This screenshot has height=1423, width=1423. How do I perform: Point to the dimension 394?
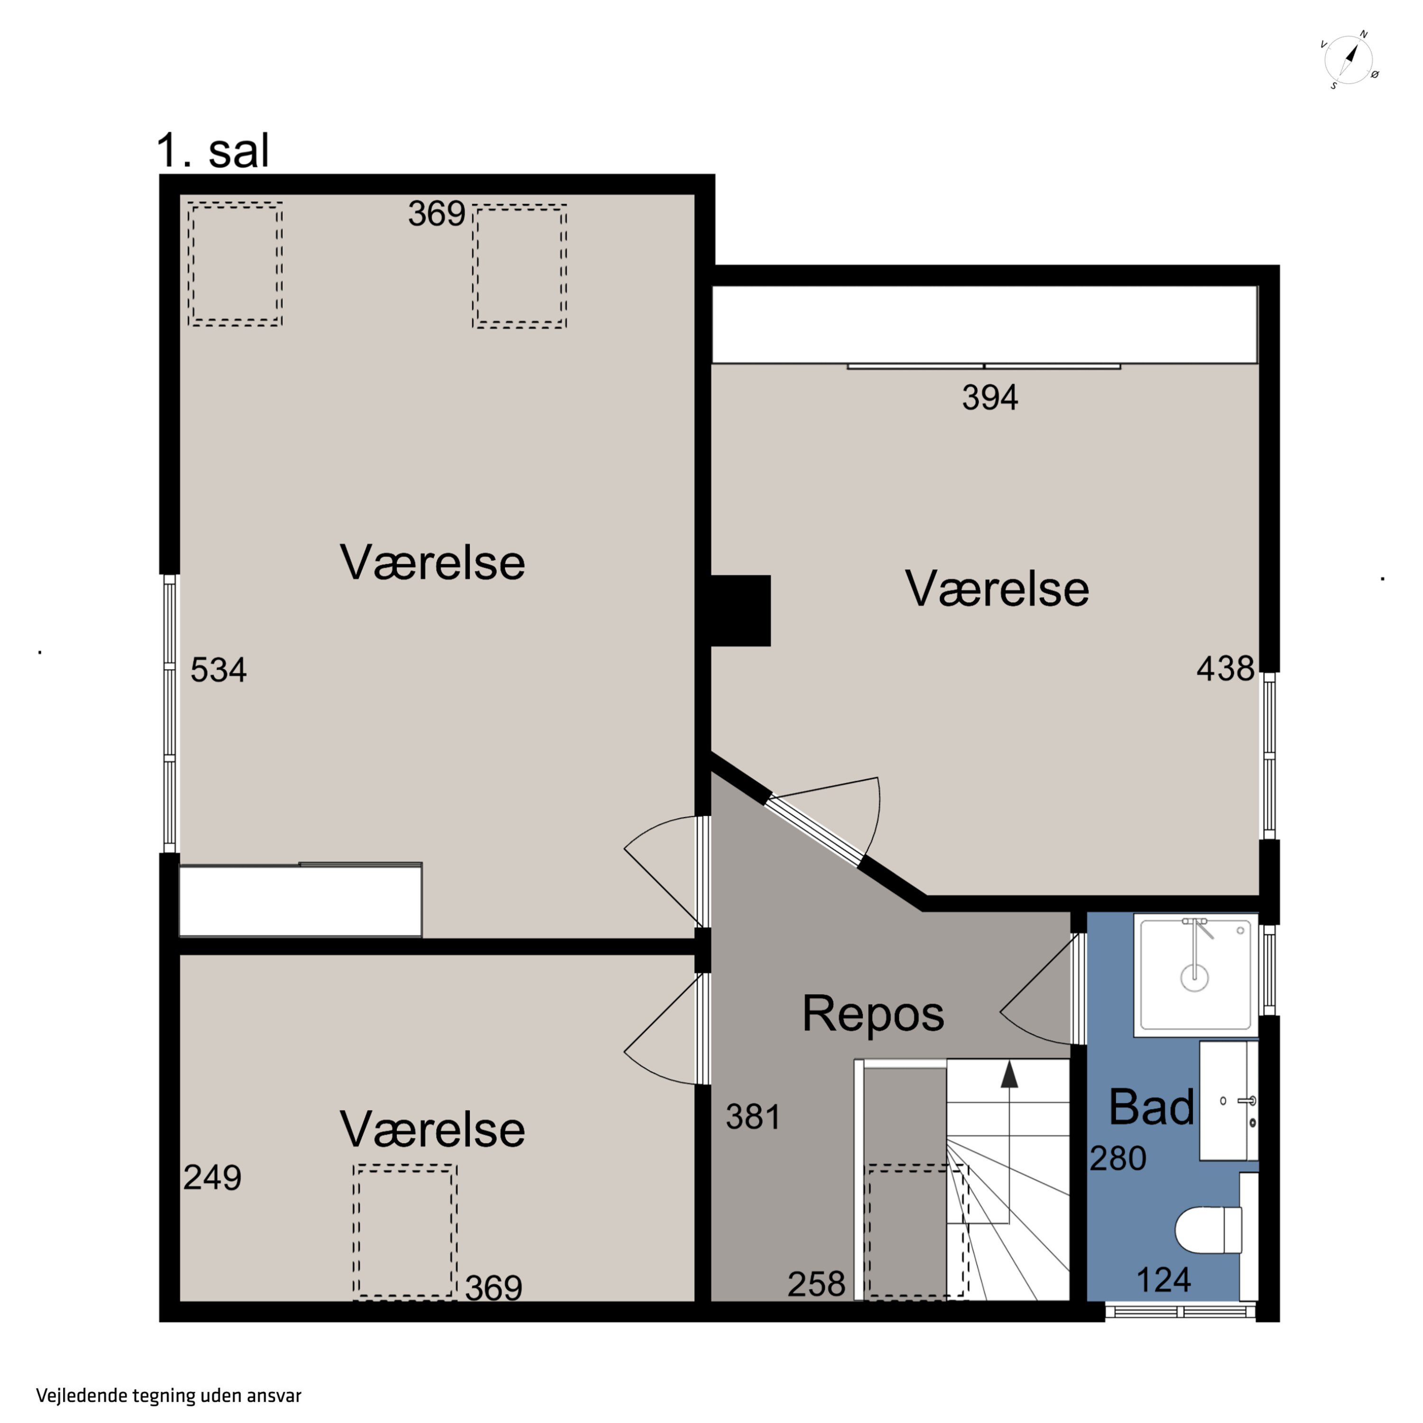pyautogui.click(x=990, y=398)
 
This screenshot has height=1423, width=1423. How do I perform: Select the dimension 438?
pyautogui.click(x=1225, y=669)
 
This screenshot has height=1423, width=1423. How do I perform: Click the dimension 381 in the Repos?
pyautogui.click(x=753, y=1117)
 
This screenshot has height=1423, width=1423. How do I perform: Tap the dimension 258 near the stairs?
pyautogui.click(x=816, y=1284)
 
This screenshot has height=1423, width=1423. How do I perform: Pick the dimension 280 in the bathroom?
pyautogui.click(x=1118, y=1159)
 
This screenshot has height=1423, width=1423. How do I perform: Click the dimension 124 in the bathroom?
pyautogui.click(x=1164, y=1280)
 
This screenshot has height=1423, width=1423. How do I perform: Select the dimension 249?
pyautogui.click(x=212, y=1177)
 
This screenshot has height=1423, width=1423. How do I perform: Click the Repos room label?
pyautogui.click(x=873, y=1014)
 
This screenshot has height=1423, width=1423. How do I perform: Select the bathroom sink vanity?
pyautogui.click(x=1229, y=1100)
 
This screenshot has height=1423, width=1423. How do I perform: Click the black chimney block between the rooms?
pyautogui.click(x=740, y=610)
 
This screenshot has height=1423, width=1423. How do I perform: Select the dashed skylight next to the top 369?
pyautogui.click(x=519, y=266)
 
